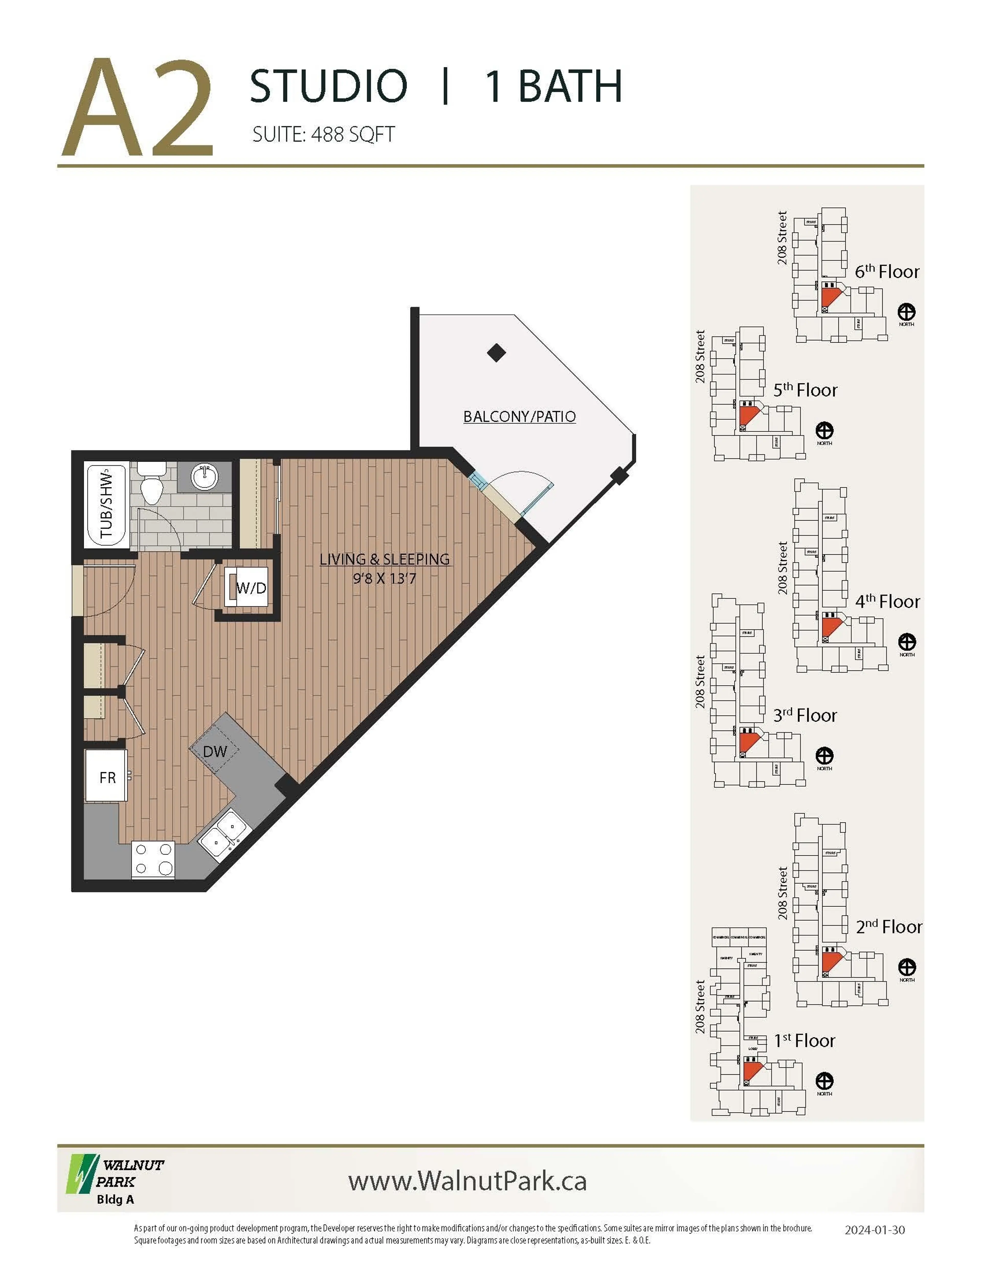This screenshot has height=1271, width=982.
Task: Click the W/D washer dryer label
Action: (x=251, y=588)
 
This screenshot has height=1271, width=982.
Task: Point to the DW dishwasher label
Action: (x=215, y=751)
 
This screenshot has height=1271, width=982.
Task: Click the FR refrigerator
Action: (x=106, y=777)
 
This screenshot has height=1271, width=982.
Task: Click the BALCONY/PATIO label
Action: (x=519, y=417)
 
